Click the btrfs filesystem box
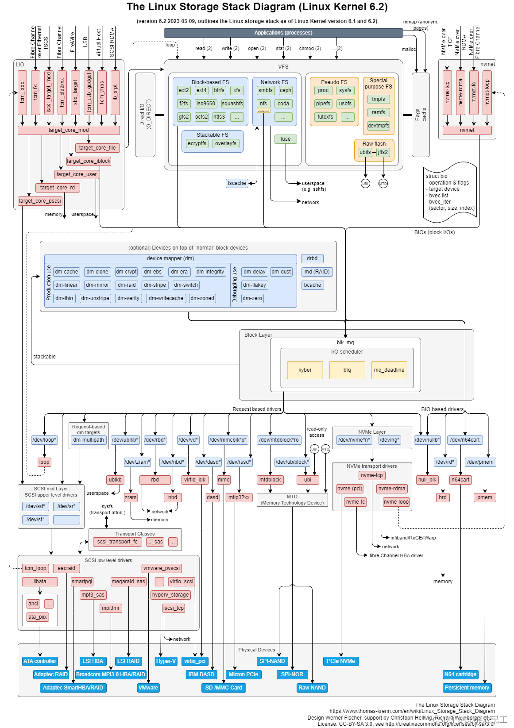219,90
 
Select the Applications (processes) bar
283,33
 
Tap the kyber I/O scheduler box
305,370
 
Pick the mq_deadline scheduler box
389,370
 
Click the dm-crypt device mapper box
126,272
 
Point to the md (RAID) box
317,272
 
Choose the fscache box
237,183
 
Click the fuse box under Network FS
286,139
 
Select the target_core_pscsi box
40,201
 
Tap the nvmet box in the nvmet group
467,130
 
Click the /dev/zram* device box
137,462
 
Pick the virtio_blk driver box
195,480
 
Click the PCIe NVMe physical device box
341,661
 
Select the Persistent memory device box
467,688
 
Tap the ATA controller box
40,661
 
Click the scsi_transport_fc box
117,542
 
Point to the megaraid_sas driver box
128,582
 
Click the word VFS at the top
283,67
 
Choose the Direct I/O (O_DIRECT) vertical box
145,115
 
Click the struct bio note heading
437,176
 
